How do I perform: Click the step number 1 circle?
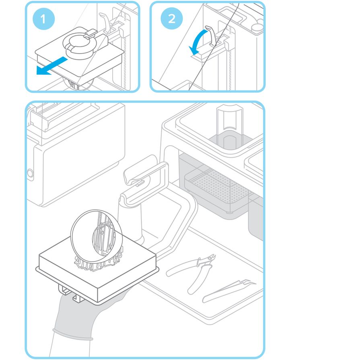(x=43, y=19)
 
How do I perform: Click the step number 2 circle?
(x=172, y=19)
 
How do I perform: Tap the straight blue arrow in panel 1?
(x=51, y=66)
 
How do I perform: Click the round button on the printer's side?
(x=30, y=173)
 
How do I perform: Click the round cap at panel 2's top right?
(x=257, y=27)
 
